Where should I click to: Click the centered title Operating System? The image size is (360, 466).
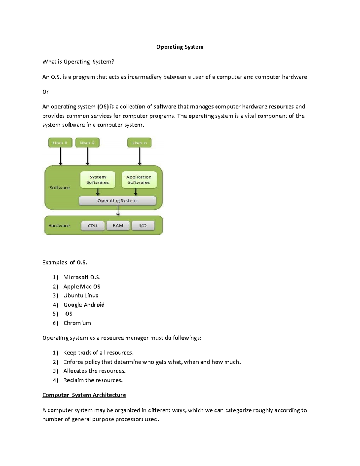point(180,47)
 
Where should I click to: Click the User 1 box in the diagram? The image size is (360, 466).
point(60,143)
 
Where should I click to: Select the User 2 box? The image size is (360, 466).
point(87,143)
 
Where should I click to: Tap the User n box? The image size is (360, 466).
point(139,143)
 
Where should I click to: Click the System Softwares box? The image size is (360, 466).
point(98,180)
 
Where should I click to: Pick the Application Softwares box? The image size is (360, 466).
point(139,180)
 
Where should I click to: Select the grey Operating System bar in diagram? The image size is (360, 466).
point(117,200)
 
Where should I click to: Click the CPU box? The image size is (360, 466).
point(93,226)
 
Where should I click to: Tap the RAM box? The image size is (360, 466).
point(118,226)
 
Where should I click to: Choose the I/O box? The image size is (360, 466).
point(143,226)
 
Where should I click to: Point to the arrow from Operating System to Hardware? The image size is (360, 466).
point(118,211)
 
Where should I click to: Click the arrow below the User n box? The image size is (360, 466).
point(139,156)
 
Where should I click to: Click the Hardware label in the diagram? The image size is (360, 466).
point(59,225)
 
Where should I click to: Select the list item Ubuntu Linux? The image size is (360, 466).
point(81,296)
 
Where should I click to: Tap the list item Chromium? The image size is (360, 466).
point(77,323)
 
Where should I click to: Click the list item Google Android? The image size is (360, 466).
point(84,305)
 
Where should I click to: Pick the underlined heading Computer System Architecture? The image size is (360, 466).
point(84,395)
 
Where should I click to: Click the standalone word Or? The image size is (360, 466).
point(46,92)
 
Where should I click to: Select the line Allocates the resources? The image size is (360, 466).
point(94,371)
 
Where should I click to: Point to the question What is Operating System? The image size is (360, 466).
point(78,62)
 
